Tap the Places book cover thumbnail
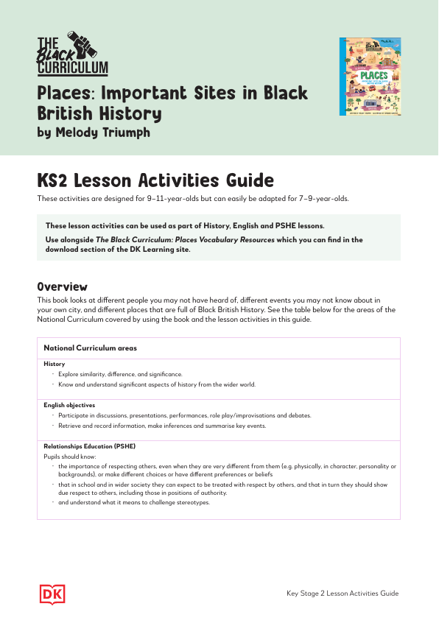tap(365, 77)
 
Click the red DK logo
tap(49, 593)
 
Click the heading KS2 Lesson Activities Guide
tap(155, 181)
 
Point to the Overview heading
tap(63, 286)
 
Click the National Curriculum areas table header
tap(90, 348)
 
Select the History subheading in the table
tap(54, 364)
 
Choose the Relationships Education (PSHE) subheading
tap(89, 446)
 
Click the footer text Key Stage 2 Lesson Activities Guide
tap(343, 593)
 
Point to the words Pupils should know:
tap(66, 457)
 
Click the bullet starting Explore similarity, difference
tap(120, 374)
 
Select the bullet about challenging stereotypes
tap(134, 502)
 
